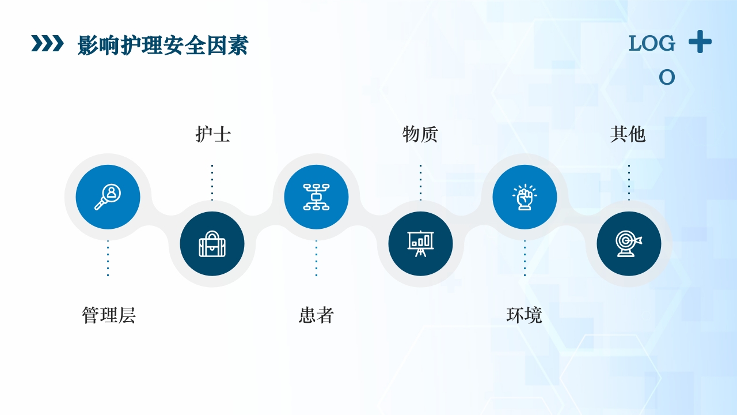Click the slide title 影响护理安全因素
click(x=162, y=45)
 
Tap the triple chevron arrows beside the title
click(x=47, y=43)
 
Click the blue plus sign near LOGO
click(x=700, y=42)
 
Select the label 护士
click(x=213, y=134)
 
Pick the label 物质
click(x=420, y=134)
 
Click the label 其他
click(x=628, y=134)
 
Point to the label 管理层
click(x=108, y=315)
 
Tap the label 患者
click(x=316, y=315)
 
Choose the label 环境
click(x=524, y=315)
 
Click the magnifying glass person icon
click(x=108, y=197)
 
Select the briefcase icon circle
click(x=212, y=244)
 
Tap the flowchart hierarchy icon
click(x=316, y=197)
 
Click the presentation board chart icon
click(x=420, y=244)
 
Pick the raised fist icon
click(x=525, y=197)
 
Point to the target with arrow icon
click(x=629, y=244)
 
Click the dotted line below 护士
click(x=212, y=182)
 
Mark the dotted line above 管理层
click(x=108, y=258)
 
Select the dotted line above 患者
click(x=316, y=258)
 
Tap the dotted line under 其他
click(x=629, y=182)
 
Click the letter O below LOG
click(x=667, y=77)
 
